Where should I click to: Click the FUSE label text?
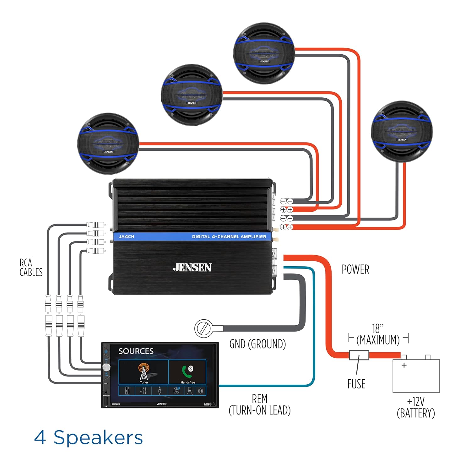tap(356, 384)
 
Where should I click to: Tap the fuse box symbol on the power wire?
tap(359, 355)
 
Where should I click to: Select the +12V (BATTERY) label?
tap(416, 407)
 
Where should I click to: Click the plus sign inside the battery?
tap(404, 365)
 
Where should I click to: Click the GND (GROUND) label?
tap(257, 344)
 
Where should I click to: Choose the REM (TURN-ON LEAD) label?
tap(260, 404)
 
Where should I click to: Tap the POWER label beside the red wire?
tap(355, 269)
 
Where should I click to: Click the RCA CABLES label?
tap(31, 268)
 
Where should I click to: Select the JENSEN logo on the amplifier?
tap(192, 268)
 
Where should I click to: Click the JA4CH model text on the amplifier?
tap(127, 237)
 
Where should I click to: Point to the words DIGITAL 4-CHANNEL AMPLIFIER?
tap(229, 237)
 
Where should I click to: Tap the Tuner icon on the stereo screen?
tap(144, 372)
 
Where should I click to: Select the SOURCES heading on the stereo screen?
tap(136, 351)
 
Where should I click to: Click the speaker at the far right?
tap(402, 132)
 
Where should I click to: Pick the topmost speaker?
tap(264, 53)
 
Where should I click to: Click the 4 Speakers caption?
tap(88, 437)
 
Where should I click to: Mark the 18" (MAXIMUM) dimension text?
tap(378, 334)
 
